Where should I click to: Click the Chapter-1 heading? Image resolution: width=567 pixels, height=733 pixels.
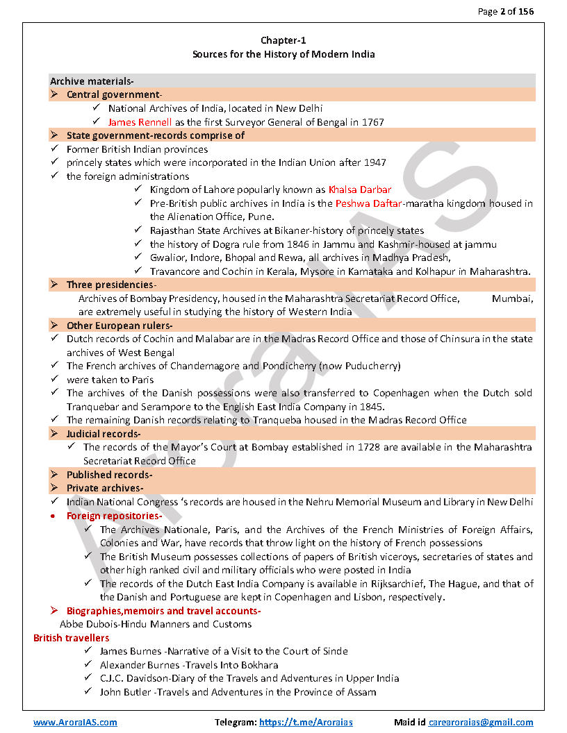coord(283,40)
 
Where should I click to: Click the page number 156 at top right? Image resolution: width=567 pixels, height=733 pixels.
coord(524,11)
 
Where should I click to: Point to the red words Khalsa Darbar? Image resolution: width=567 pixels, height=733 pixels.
coord(359,189)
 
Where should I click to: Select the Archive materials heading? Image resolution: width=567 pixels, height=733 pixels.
coord(92,81)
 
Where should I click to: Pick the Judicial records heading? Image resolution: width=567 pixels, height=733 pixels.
coord(104,434)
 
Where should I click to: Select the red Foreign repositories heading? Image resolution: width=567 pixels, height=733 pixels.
coord(114,516)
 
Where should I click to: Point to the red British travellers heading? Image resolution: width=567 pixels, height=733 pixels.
coord(72,637)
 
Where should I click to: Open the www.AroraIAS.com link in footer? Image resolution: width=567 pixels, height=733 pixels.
coord(75,722)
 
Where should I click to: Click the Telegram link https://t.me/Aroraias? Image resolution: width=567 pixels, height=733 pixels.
coord(306,722)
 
